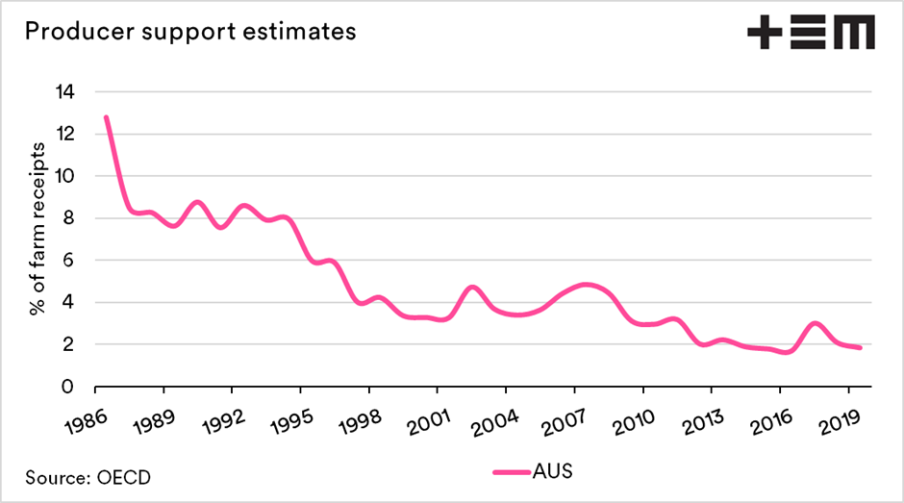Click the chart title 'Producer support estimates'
(189, 31)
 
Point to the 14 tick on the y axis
(64, 91)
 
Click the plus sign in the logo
(766, 33)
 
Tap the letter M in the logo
(853, 33)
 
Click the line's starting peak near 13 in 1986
(106, 117)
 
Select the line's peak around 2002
(472, 287)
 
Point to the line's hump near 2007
(586, 285)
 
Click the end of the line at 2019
(860, 347)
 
